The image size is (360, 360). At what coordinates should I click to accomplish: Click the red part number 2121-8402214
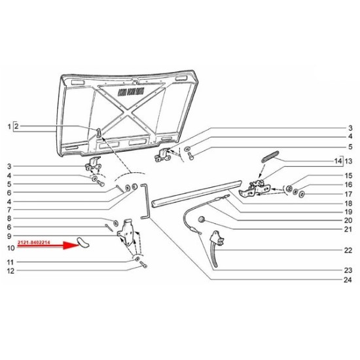[x=34, y=242]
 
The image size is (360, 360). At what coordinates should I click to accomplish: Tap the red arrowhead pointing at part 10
[x=71, y=245]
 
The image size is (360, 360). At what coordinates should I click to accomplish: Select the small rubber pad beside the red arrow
[x=83, y=243]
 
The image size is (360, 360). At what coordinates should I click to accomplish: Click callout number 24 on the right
[x=348, y=279]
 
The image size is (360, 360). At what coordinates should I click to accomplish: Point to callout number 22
[x=348, y=250]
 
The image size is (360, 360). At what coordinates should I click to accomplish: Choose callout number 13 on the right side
[x=348, y=161]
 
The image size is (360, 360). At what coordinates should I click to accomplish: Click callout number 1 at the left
[x=9, y=126]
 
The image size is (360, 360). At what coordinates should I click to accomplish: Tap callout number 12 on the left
[x=10, y=271]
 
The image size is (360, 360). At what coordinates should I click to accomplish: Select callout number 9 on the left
[x=9, y=236]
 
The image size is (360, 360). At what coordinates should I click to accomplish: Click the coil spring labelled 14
[x=270, y=156]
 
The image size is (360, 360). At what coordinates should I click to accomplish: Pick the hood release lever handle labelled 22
[x=215, y=249]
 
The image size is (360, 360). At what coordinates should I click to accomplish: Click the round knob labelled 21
[x=202, y=219]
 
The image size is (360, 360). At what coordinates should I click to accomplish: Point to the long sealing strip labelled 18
[x=196, y=194]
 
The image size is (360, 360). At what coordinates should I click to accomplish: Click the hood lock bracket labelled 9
[x=126, y=232]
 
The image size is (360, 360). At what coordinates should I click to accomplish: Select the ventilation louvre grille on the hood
[x=132, y=92]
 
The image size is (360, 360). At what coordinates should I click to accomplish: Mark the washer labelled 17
[x=302, y=194]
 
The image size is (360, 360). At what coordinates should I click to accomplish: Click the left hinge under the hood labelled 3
[x=93, y=164]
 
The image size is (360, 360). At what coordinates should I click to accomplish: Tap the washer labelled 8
[x=116, y=223]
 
